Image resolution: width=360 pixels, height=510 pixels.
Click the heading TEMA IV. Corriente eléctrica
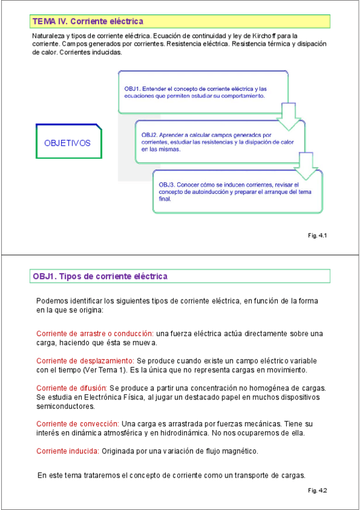click(88, 22)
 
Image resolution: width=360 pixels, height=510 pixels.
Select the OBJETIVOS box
click(67, 143)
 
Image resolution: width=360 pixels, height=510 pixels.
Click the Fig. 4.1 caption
click(317, 235)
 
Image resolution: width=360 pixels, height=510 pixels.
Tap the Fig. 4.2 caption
click(317, 491)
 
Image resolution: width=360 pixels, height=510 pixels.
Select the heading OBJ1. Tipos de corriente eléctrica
click(100, 276)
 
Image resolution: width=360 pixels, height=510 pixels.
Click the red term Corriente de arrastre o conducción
click(95, 333)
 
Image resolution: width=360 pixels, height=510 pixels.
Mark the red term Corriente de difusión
click(72, 387)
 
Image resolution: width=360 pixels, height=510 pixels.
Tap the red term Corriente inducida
click(67, 451)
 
